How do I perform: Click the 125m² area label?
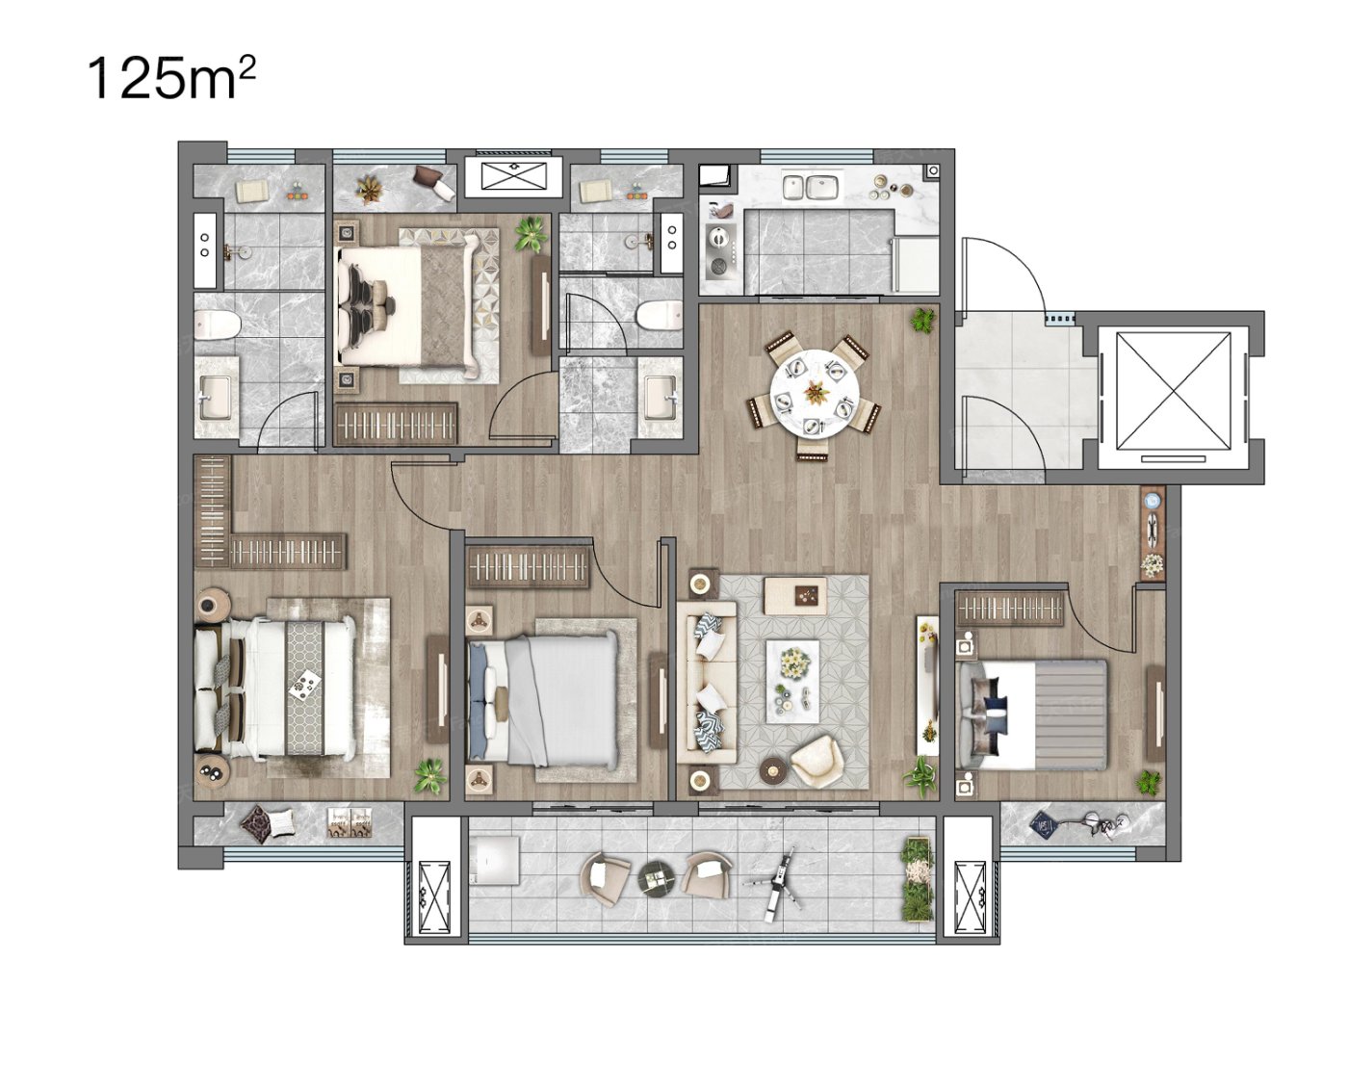(171, 80)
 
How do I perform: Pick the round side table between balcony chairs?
(657, 877)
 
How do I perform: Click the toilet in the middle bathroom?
(659, 315)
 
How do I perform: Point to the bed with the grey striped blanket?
(1033, 714)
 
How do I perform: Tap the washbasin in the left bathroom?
(217, 399)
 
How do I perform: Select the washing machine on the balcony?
(495, 860)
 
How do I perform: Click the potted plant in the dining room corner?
(922, 320)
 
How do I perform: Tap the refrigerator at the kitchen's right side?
(915, 264)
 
